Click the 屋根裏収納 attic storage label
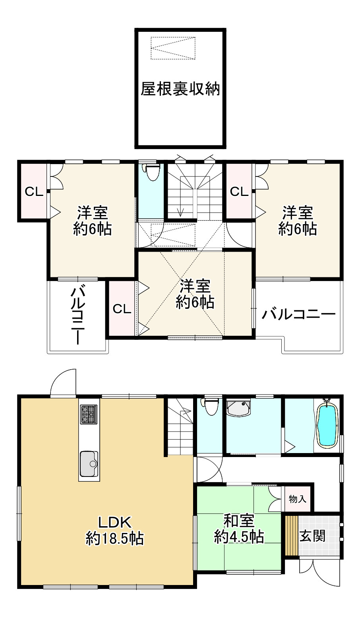tap(180, 90)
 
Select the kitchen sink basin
tap(89, 463)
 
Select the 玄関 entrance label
tap(312, 536)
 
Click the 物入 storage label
tap(297, 499)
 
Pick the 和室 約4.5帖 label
tap(239, 529)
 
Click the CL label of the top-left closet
tap(34, 192)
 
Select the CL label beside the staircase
tap(239, 192)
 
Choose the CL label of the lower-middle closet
tap(122, 309)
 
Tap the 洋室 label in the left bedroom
tap(92, 213)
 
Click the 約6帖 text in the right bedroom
tap(298, 229)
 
